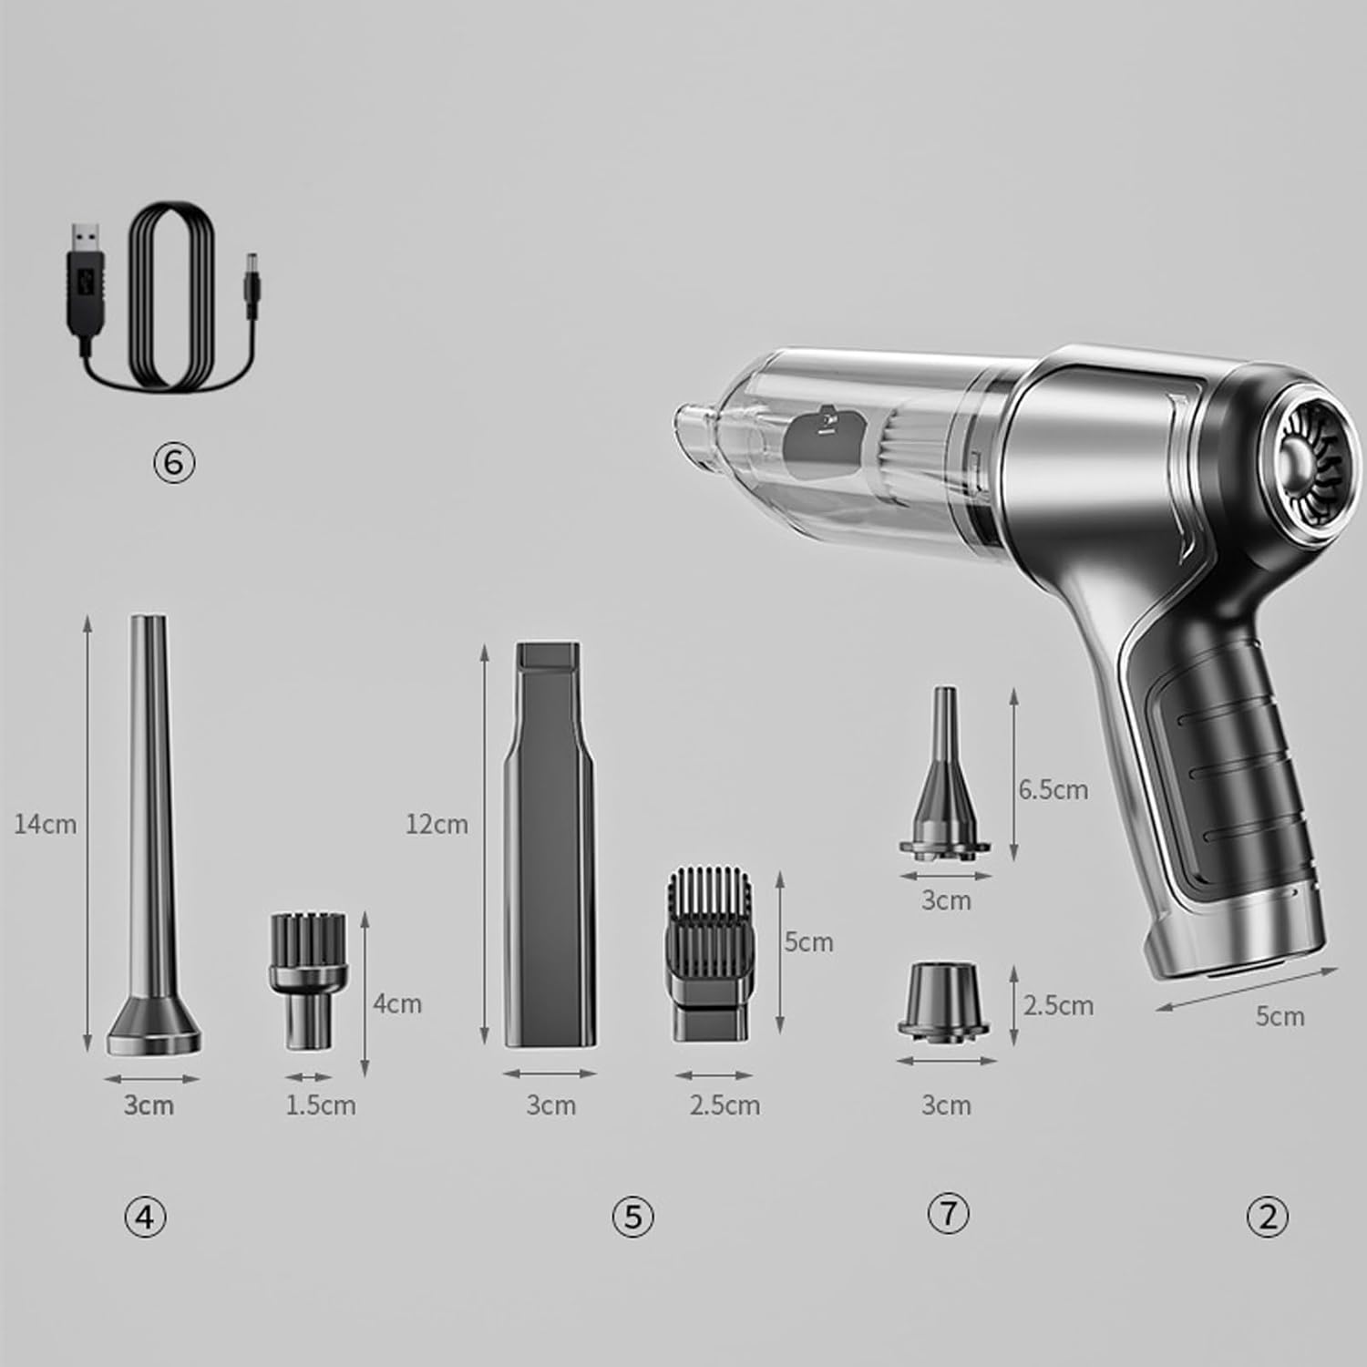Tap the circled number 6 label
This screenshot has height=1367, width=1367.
(x=174, y=463)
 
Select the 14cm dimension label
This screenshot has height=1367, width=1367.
(x=46, y=825)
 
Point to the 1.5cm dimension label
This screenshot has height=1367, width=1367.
(x=321, y=1105)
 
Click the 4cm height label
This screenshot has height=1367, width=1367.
(x=397, y=1003)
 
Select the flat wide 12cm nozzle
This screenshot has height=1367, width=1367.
(x=550, y=844)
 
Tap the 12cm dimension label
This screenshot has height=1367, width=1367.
(x=437, y=824)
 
